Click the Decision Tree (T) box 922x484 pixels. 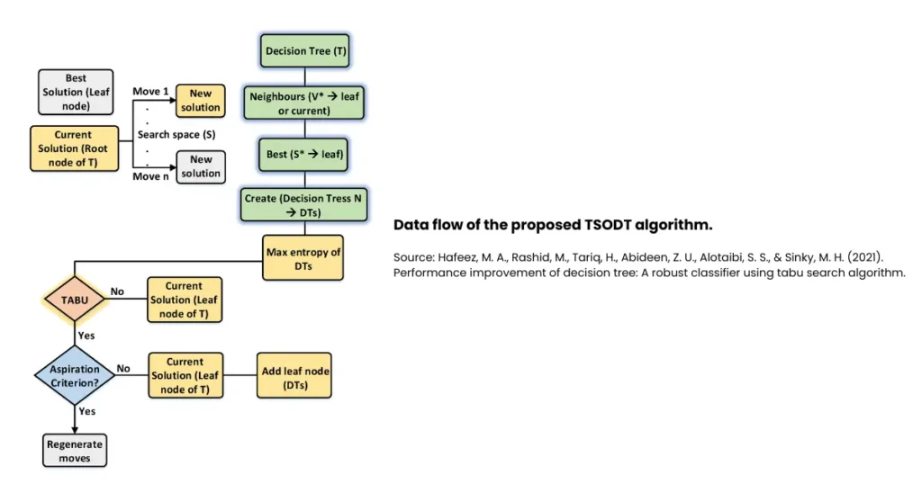pos(305,51)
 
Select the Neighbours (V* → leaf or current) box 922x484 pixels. pos(305,103)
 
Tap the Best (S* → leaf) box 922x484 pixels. pos(305,154)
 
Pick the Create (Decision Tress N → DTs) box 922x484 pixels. pos(305,204)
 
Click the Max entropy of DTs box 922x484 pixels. pos(303,258)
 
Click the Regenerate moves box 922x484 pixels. pos(74,451)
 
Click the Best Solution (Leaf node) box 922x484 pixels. pos(76,92)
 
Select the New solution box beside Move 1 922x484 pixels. pos(200,100)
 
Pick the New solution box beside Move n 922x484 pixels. pos(200,166)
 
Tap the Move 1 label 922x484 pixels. pos(150,91)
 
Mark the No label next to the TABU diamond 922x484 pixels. pos(117,291)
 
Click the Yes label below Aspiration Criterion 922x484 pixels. pos(87,410)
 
